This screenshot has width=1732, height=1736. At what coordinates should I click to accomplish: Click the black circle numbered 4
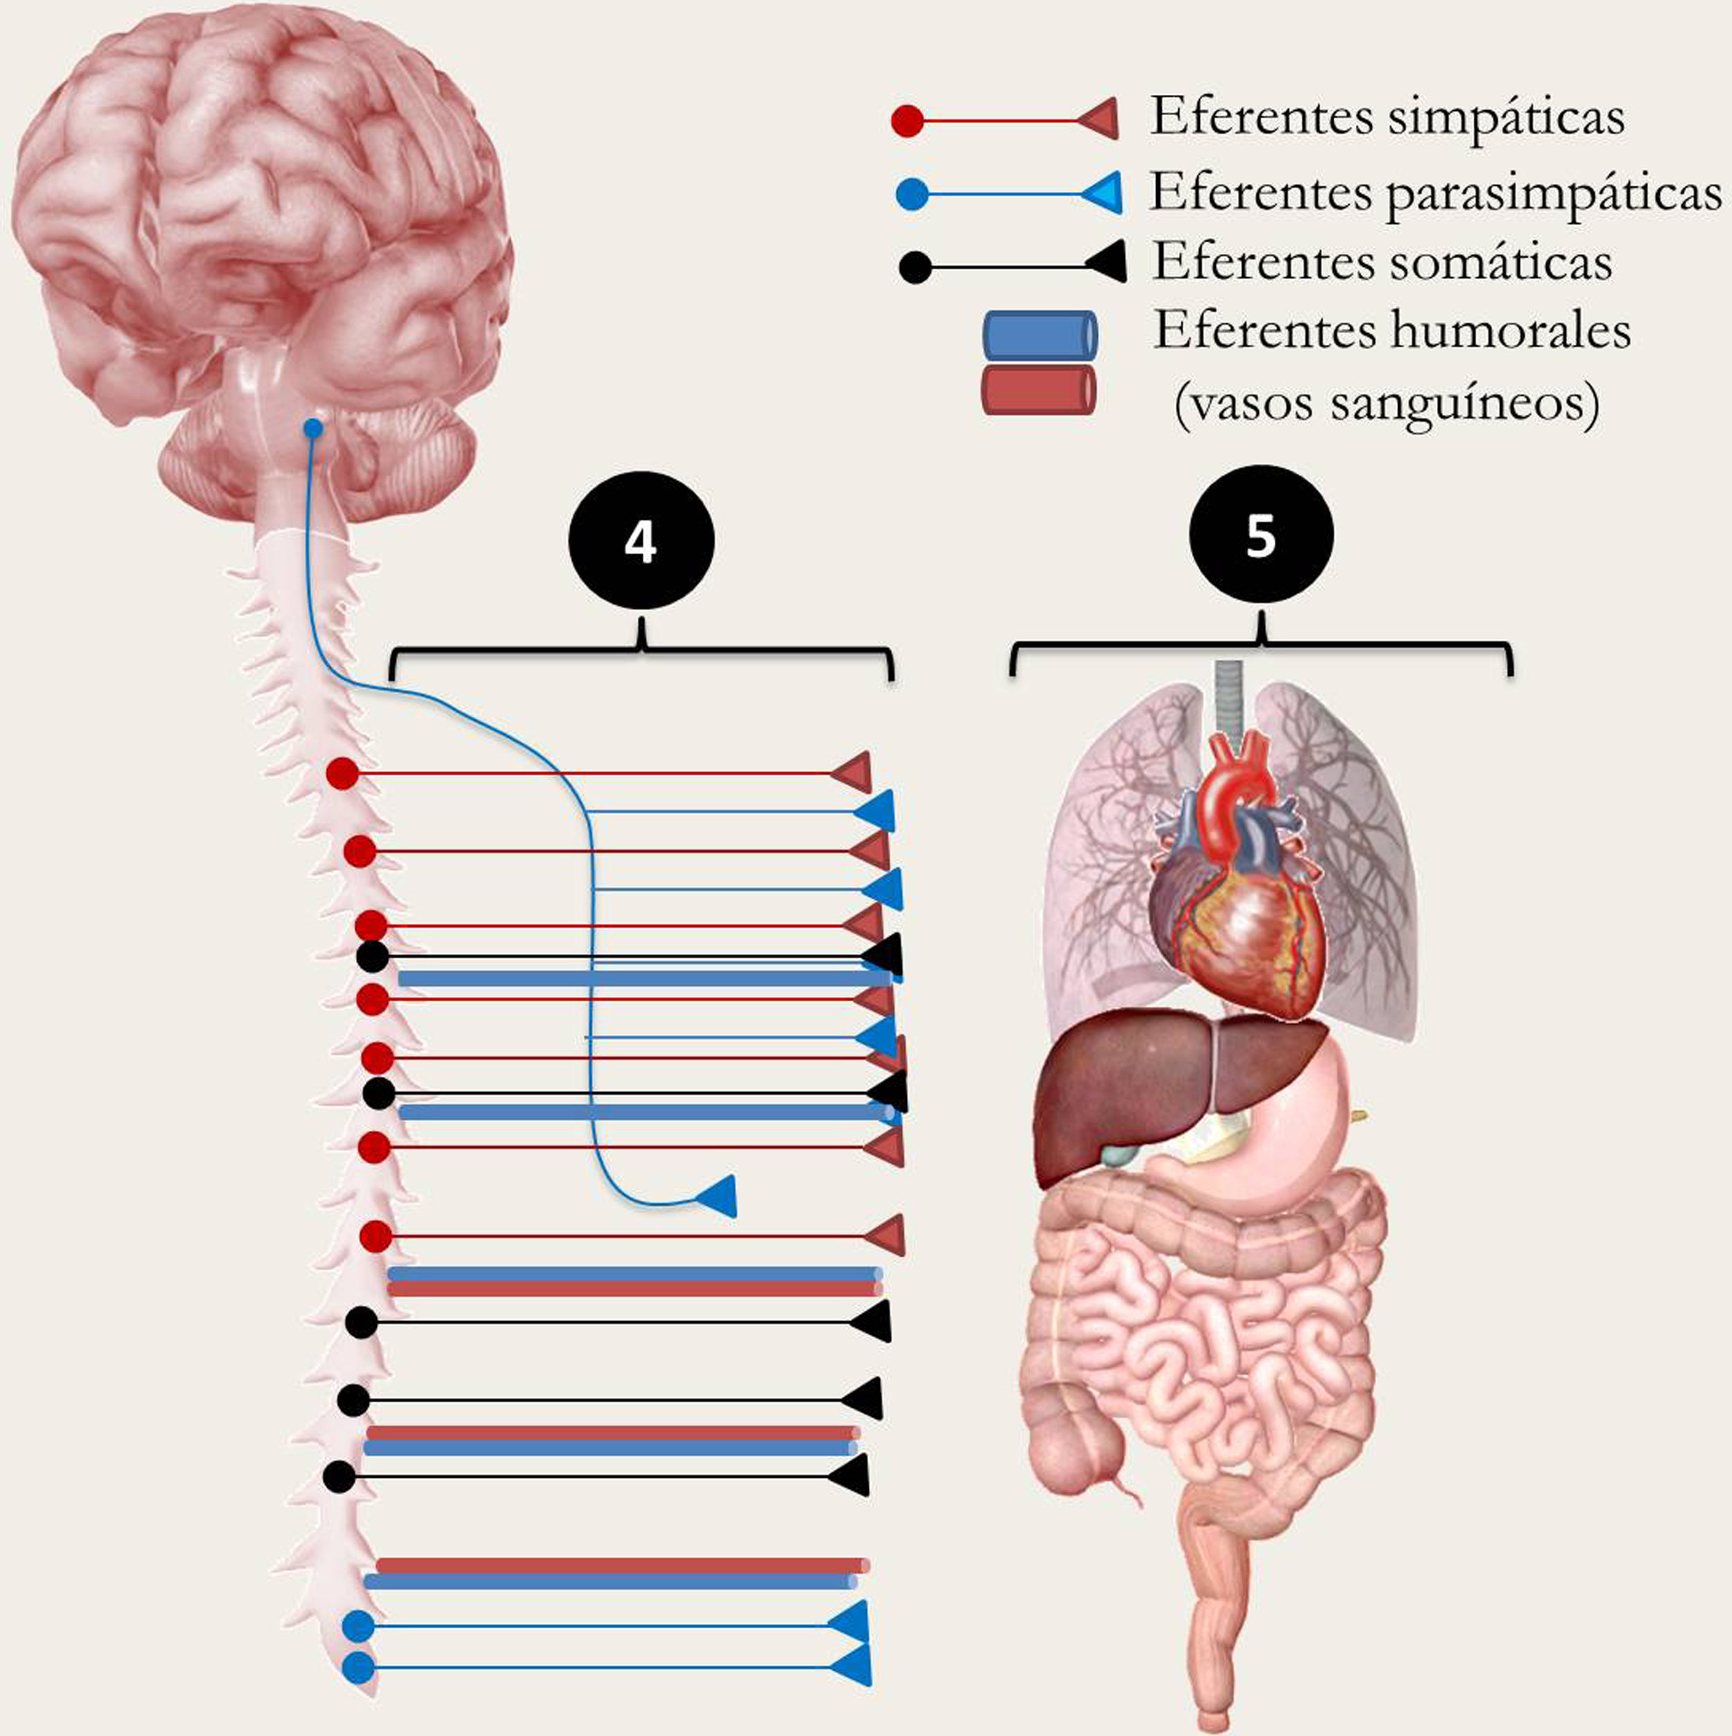coord(641,542)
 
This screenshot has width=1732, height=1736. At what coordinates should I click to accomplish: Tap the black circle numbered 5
coord(1261,535)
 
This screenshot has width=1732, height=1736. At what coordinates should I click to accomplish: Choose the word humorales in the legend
coord(1511,332)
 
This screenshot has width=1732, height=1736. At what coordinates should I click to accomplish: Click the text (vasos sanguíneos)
coord(1386,404)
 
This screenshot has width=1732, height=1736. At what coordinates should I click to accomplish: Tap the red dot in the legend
coord(908,121)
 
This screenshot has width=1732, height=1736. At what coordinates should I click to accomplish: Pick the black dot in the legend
coord(914,268)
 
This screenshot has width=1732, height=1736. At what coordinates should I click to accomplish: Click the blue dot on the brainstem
coord(312,429)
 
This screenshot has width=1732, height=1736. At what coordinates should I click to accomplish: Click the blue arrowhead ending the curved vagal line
coord(718,1196)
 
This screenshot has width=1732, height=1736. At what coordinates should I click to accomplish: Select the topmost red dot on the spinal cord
coord(342,773)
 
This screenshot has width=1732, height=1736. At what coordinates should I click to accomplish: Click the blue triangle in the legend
coord(1101,193)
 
